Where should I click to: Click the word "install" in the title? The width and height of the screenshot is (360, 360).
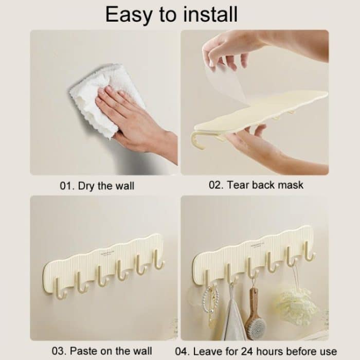210,14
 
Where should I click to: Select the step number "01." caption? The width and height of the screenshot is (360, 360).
67,186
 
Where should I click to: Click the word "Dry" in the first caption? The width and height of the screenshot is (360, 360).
86,186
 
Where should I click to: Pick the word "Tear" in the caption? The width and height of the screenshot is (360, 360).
236,185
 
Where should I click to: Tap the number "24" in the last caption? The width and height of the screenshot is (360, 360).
246,351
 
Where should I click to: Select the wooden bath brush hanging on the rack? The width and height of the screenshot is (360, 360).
255,315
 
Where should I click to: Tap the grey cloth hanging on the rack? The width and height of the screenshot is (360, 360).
233,319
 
